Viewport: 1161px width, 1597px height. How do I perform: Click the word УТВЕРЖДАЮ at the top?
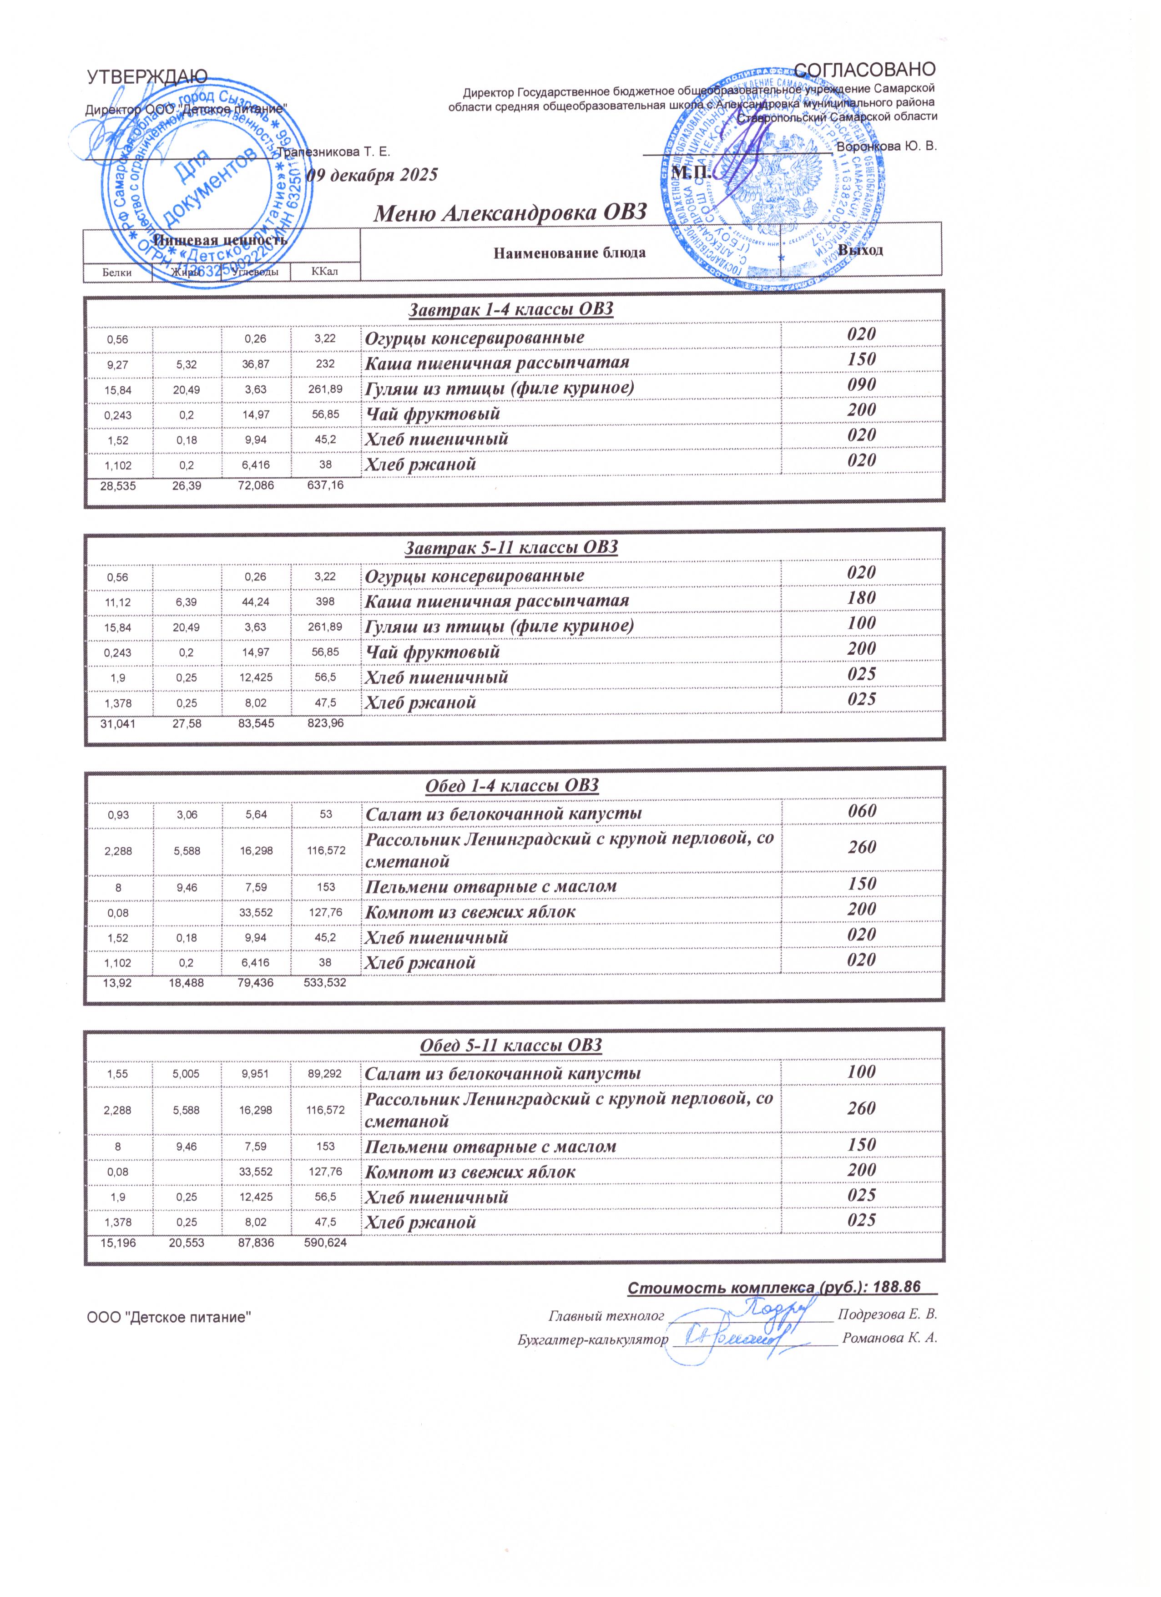146,77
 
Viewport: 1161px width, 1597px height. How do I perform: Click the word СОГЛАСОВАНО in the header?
864,69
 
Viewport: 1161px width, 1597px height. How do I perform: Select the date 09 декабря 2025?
374,175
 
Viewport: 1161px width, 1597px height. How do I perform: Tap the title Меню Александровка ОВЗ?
509,212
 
